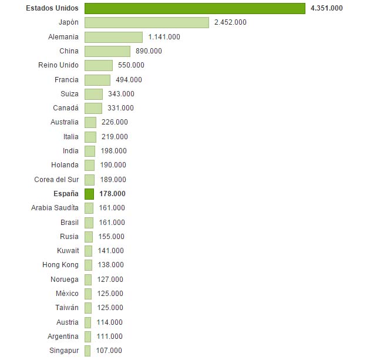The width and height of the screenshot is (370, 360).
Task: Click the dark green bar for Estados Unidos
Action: pos(194,8)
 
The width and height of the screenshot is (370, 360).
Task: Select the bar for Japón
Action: pos(146,22)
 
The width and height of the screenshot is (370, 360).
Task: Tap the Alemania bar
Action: pos(113,37)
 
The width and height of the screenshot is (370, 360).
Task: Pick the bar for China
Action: pos(107,51)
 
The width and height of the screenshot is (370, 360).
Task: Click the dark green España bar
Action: pos(89,194)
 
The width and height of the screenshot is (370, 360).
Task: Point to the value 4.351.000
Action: pos(327,8)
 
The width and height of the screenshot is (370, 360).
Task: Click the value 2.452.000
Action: pos(230,22)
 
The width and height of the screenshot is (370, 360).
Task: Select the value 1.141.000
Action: pos(164,37)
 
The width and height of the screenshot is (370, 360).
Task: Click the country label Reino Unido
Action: pos(58,65)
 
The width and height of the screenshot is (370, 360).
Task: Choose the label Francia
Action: pos(66,80)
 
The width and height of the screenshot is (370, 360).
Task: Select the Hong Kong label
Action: pos(60,265)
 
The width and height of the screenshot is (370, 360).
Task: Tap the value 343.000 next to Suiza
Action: pos(121,94)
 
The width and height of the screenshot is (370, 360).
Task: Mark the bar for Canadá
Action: pos(93,108)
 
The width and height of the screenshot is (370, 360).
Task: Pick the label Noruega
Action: pos(65,280)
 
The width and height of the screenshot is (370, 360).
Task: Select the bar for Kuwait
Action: pos(88,251)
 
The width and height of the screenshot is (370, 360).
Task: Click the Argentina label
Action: pos(63,337)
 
